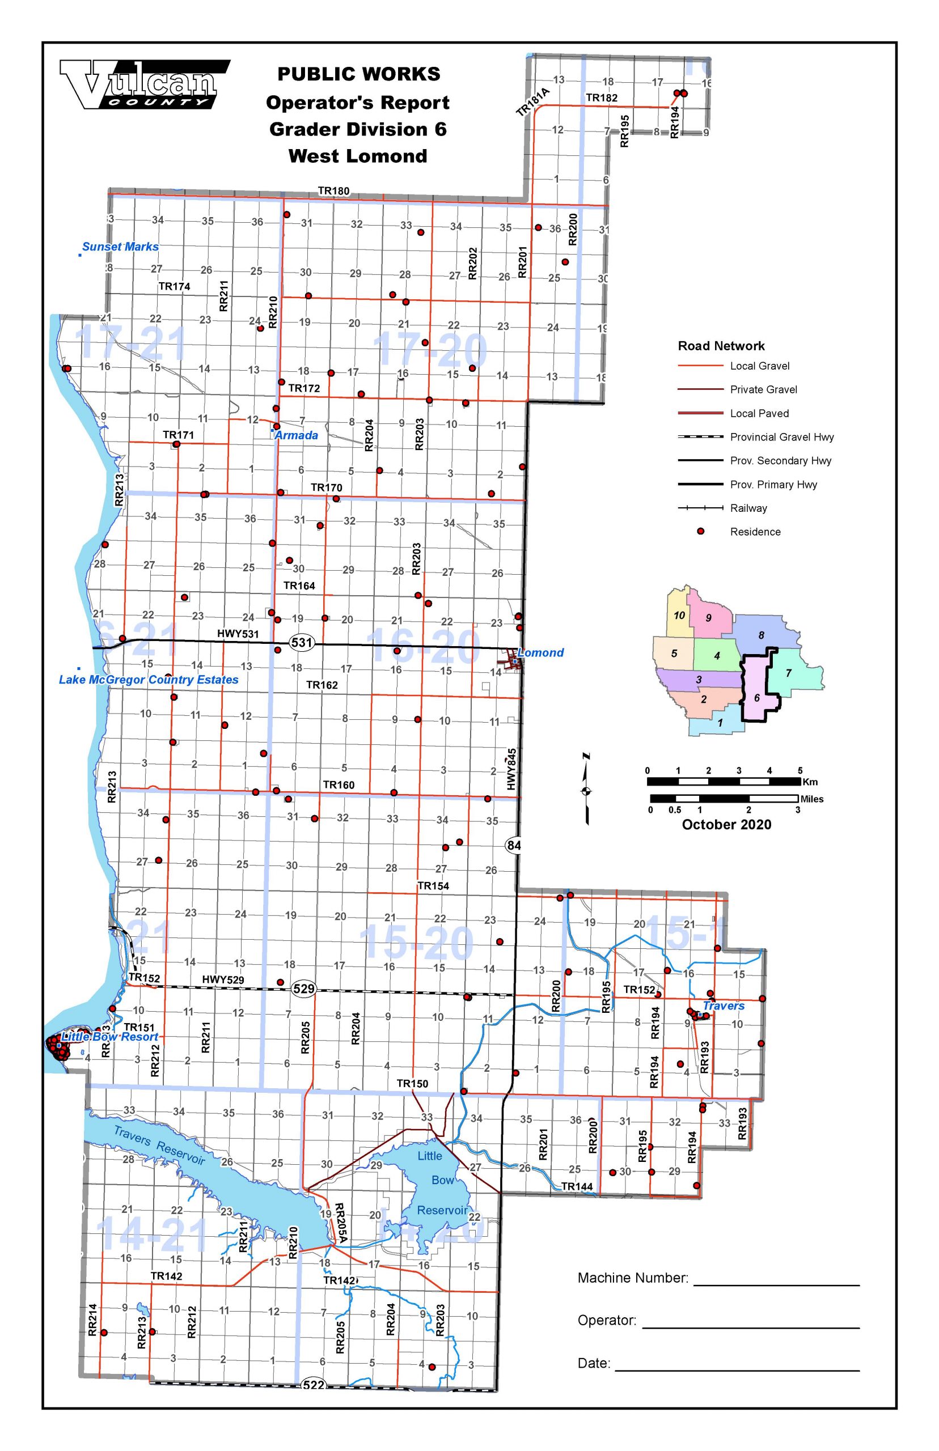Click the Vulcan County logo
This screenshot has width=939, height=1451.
click(x=145, y=84)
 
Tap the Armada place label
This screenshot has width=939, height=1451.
click(x=297, y=435)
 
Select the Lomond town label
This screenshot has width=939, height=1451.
click(x=541, y=653)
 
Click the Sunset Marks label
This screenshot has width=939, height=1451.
click(x=120, y=247)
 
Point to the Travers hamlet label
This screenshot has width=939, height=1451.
click(x=723, y=1005)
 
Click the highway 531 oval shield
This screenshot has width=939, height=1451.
click(x=302, y=642)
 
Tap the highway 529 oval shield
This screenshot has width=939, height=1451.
click(x=304, y=988)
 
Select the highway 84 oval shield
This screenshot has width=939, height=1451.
click(x=514, y=845)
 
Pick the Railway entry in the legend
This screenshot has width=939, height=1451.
click(x=748, y=508)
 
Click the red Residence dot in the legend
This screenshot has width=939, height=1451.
click(x=701, y=532)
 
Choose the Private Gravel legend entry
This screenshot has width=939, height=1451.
click(x=763, y=389)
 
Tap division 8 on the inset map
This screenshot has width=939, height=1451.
click(x=761, y=635)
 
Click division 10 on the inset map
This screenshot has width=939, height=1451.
click(x=679, y=615)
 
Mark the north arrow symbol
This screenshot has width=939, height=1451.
click(x=586, y=790)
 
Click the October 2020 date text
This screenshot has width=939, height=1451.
click(x=726, y=825)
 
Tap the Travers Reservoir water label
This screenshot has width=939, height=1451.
click(x=159, y=1145)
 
